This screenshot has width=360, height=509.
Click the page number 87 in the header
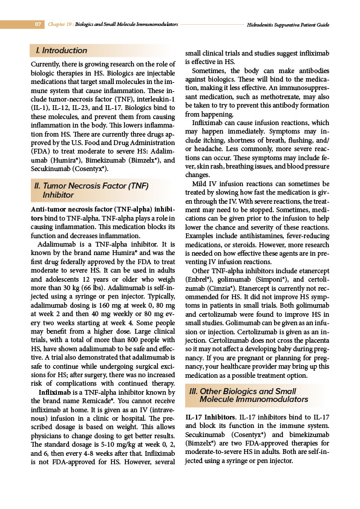point(38,25)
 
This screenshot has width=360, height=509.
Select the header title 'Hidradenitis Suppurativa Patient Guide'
point(288,25)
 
